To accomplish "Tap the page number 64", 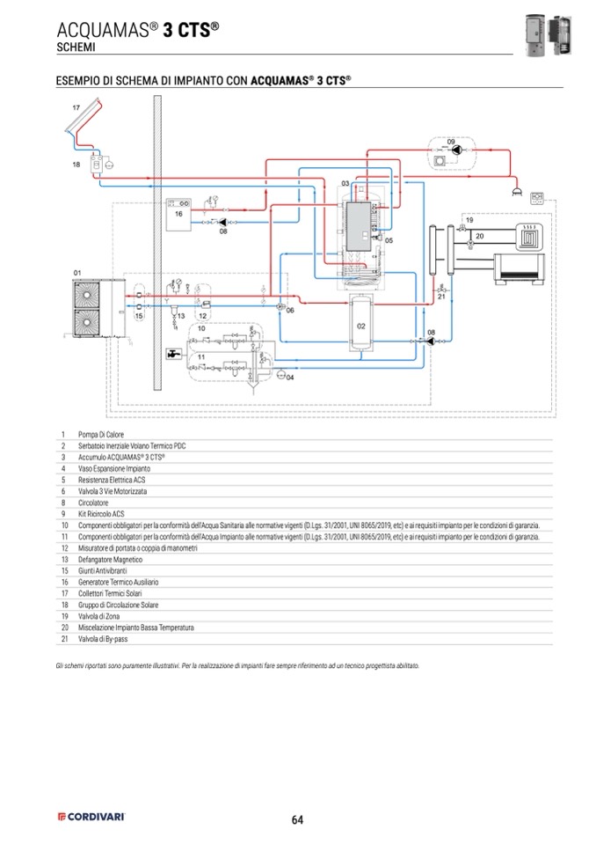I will [297, 819].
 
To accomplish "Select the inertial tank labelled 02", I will [361, 326].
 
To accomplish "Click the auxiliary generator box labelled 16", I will [178, 213].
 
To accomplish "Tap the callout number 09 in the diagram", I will [450, 141].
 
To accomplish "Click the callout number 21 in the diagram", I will [442, 297].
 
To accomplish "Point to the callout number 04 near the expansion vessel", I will [291, 377].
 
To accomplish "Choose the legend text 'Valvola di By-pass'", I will [105, 639].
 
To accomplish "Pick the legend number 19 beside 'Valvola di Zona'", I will [64, 616].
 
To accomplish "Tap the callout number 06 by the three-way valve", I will [290, 311].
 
